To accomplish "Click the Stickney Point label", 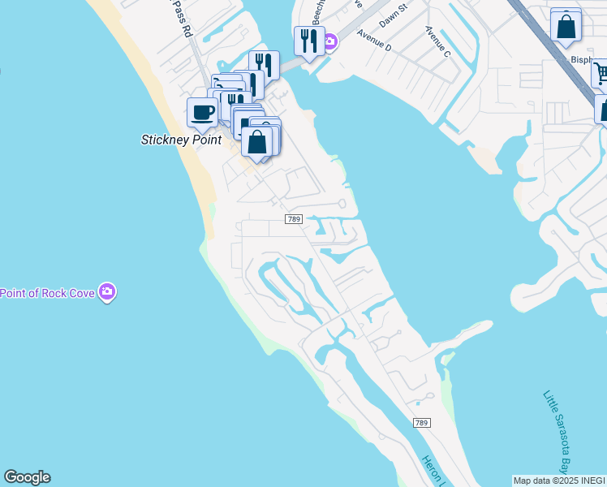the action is coord(181,140).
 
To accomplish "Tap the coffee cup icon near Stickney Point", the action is coord(202,112).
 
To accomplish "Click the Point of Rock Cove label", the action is coord(47,293).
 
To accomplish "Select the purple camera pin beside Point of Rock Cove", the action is coord(107,292).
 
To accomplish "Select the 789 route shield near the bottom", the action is coord(421,423).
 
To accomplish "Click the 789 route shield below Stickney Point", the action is coord(294,219).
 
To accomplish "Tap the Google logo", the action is coord(27,477).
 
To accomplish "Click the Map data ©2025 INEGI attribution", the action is coord(559,481).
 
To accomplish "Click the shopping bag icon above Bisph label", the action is coord(566,26).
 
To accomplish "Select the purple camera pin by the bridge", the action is coord(331,41).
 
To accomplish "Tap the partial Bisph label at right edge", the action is coord(583,60).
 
